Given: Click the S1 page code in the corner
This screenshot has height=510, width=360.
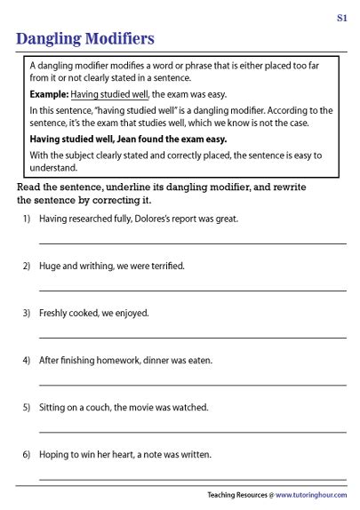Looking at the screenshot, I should point(341,17).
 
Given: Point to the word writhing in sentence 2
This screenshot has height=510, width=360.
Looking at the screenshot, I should point(92,266).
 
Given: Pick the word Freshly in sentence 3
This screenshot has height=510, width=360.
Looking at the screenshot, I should point(55,313).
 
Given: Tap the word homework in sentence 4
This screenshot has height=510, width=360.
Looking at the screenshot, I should point(119,360).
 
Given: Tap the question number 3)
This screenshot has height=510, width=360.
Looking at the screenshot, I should point(27,313).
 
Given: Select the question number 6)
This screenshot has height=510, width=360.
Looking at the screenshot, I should point(27,454).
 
